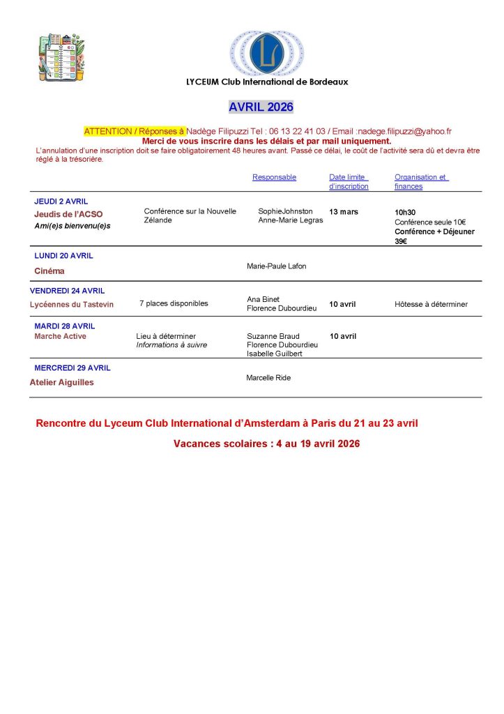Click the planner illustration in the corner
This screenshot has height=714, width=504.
click(61, 55)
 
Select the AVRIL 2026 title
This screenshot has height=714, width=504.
click(261, 107)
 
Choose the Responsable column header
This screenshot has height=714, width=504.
click(274, 177)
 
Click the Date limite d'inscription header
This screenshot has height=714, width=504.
click(349, 181)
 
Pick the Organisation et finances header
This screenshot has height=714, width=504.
click(421, 181)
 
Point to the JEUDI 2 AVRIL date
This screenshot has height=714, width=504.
click(61, 202)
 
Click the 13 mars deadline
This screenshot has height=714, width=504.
click(343, 211)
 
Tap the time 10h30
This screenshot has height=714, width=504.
click(405, 212)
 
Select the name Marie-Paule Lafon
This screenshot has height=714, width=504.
click(276, 266)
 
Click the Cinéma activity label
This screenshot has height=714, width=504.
click(49, 271)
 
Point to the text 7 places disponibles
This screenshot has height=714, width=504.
click(174, 303)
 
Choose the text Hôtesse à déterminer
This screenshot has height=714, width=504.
click(431, 304)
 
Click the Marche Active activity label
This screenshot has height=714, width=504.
click(60, 336)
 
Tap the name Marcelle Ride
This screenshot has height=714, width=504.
click(268, 378)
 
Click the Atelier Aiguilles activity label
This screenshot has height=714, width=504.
click(61, 382)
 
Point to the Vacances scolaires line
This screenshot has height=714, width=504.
click(266, 443)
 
